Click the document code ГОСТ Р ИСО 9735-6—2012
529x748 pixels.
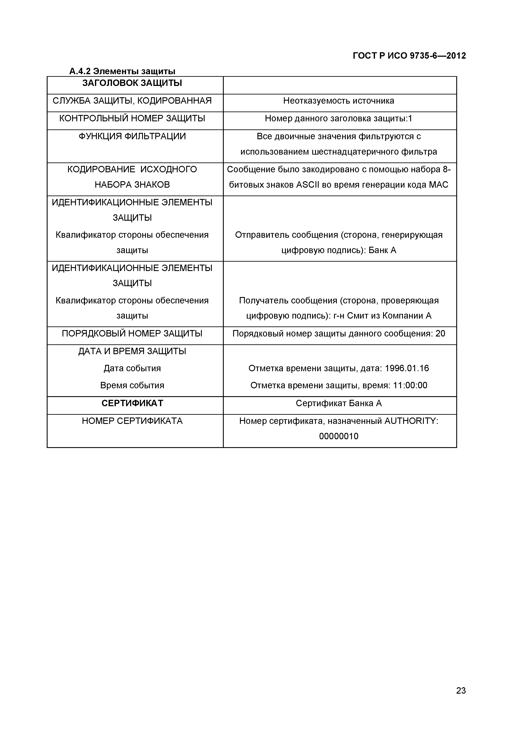pyautogui.click(x=409, y=56)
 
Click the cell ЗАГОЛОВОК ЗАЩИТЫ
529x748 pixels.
pyautogui.click(x=132, y=83)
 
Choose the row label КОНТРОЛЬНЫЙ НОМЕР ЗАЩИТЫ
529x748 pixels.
pyautogui.click(x=132, y=118)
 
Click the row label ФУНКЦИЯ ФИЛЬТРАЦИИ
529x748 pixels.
pyautogui.click(x=132, y=136)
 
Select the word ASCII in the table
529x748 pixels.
pyautogui.click(x=308, y=185)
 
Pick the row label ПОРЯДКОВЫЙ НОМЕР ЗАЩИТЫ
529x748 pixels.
pyautogui.click(x=132, y=334)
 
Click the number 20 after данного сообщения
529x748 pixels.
pyautogui.click(x=440, y=334)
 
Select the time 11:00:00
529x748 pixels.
pyautogui.click(x=410, y=385)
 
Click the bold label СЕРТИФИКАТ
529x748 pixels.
pyautogui.click(x=132, y=403)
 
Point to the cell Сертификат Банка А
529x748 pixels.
pyautogui.click(x=339, y=403)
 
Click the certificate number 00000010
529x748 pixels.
pyautogui.click(x=339, y=436)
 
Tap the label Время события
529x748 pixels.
pyautogui.click(x=132, y=385)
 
